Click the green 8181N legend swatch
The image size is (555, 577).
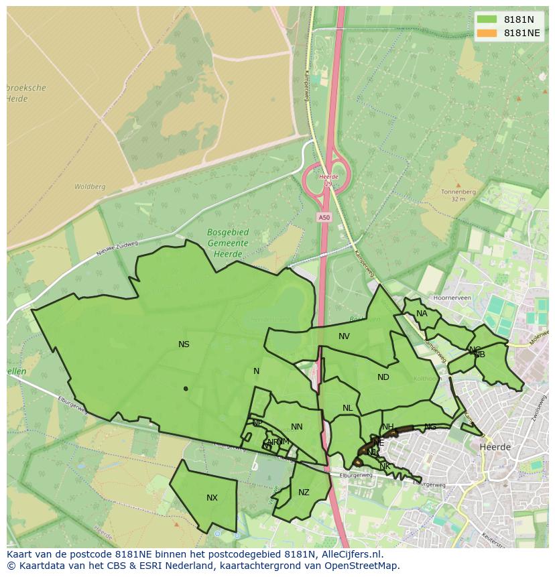click(x=487, y=19)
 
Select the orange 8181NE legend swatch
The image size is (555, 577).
click(x=487, y=33)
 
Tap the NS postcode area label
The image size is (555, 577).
click(x=184, y=344)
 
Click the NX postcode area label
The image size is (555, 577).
click(x=212, y=498)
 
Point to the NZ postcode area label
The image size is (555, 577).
click(x=304, y=493)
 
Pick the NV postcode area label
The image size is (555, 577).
click(x=344, y=336)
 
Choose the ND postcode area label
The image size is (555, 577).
click(x=383, y=377)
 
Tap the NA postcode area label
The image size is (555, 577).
click(x=422, y=314)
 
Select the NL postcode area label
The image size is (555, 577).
click(x=347, y=408)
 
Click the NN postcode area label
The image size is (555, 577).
click(x=297, y=427)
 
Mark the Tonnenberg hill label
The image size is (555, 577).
click(x=458, y=192)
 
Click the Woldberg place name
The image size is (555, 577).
click(x=89, y=187)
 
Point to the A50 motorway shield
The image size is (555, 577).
click(x=324, y=217)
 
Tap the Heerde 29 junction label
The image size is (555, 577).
click(x=328, y=180)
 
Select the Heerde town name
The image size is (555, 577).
click(x=495, y=447)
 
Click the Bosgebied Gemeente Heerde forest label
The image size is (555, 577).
click(x=228, y=243)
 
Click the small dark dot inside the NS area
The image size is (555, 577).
click(x=186, y=388)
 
